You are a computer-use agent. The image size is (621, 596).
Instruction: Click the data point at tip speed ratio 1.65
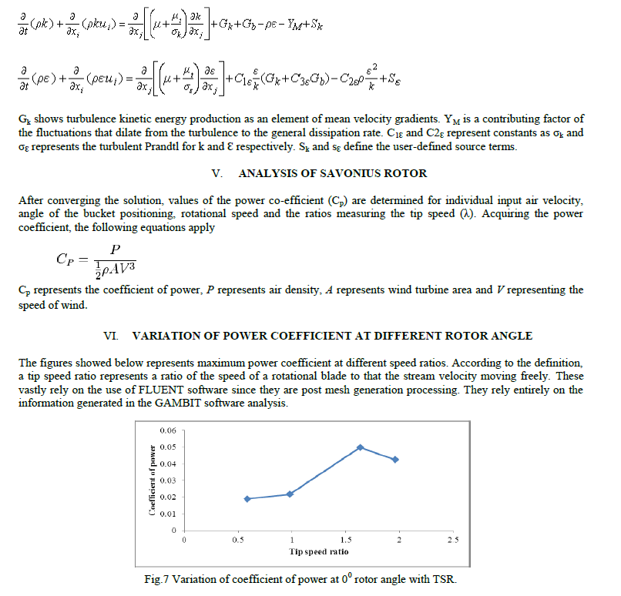pyautogui.click(x=360, y=447)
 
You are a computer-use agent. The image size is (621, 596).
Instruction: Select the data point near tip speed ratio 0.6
pyautogui.click(x=247, y=499)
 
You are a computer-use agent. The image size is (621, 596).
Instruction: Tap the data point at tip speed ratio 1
pyautogui.click(x=290, y=494)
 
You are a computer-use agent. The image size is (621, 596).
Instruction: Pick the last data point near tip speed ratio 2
pyautogui.click(x=395, y=459)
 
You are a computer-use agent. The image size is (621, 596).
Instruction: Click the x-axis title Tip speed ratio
pyautogui.click(x=318, y=551)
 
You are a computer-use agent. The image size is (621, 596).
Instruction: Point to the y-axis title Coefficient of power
pyautogui.click(x=153, y=480)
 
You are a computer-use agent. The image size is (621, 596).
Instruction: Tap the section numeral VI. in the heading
pyautogui.click(x=111, y=336)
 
